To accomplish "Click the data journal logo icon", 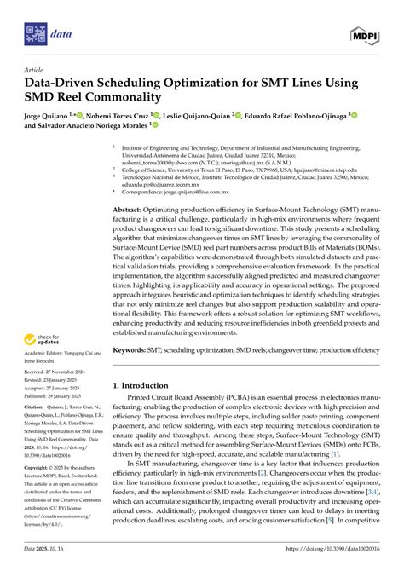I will pos(35,35).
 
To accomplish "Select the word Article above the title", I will pos(35,72).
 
